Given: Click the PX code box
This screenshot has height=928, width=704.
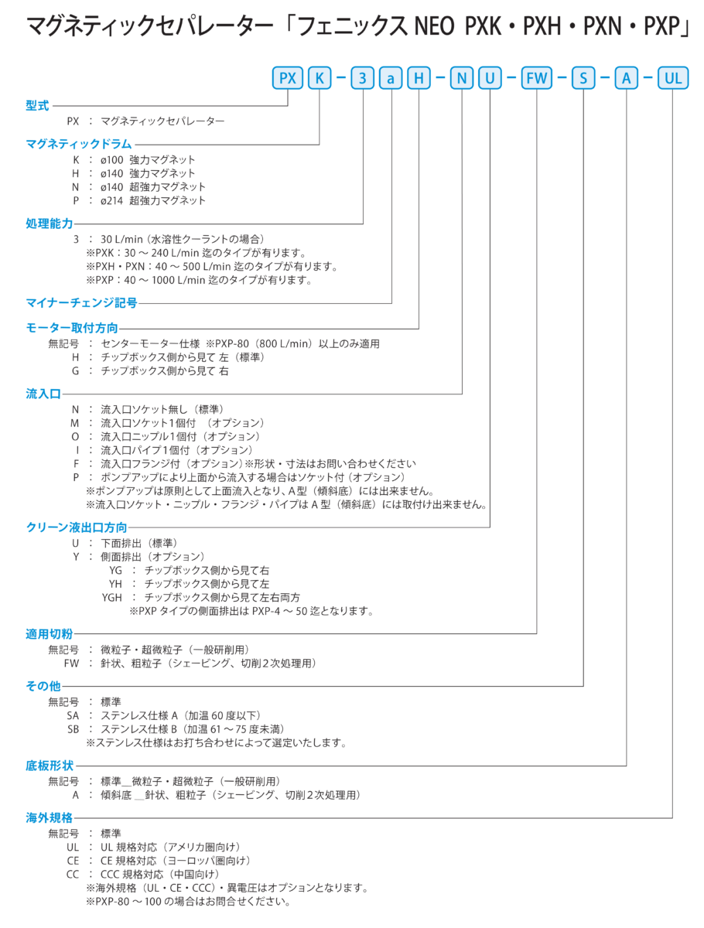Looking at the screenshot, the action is tap(287, 78).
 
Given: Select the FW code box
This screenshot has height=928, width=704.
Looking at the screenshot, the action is tap(536, 78).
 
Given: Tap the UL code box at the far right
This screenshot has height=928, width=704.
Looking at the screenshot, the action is tap(673, 78).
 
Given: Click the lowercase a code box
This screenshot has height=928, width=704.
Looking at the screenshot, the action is tap(391, 78).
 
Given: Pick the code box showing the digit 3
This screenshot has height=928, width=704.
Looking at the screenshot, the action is tap(362, 78).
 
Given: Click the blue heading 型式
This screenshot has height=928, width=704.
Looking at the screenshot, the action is tap(37, 105).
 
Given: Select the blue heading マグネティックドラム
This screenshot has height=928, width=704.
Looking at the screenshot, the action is tap(79, 144).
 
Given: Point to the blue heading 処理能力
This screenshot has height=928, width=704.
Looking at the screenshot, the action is tap(49, 223).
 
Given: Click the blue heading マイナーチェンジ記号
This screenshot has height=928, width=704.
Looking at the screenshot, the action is tap(81, 302).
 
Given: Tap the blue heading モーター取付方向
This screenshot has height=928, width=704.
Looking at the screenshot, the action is tap(72, 328).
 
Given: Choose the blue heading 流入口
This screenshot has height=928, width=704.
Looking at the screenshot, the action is tap(43, 394).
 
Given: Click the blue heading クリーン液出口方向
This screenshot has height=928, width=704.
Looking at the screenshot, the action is tap(77, 527).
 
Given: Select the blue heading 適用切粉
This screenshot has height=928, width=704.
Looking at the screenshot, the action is tap(49, 633).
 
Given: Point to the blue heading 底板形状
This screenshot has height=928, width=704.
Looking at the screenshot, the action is tap(50, 766).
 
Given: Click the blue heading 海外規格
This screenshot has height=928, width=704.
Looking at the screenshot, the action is tap(49, 817).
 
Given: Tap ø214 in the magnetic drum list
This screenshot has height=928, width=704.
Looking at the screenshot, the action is tap(112, 200).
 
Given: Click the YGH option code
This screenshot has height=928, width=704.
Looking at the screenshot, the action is tap(111, 597).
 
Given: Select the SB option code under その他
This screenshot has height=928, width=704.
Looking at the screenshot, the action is tap(73, 729).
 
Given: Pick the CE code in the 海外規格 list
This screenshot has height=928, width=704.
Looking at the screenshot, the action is tap(73, 861).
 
